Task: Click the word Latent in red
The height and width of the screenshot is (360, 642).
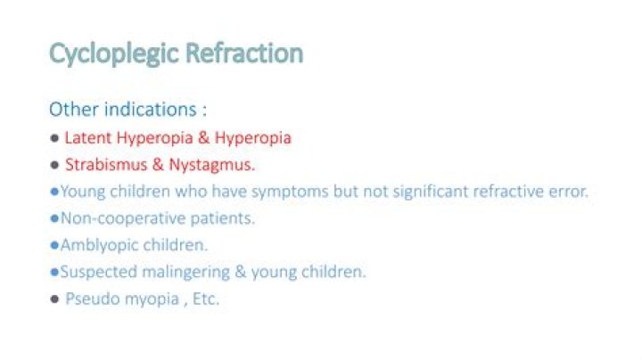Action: click(x=86, y=138)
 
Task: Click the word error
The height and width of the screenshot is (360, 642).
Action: click(x=566, y=192)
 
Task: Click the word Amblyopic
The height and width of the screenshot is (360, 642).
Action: click(x=97, y=245)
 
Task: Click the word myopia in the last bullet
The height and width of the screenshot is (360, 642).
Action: click(x=142, y=299)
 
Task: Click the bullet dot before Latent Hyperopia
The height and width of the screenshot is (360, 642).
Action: click(x=54, y=139)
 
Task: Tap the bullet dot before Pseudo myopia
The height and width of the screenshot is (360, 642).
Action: click(x=54, y=299)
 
